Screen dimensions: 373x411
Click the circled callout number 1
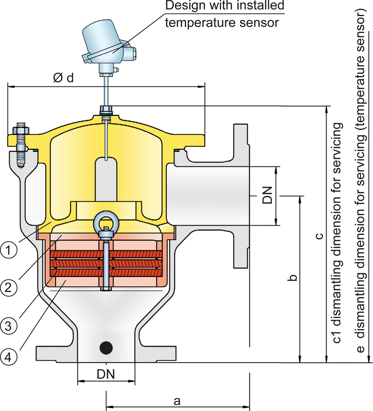pyautogui.click(x=8, y=249)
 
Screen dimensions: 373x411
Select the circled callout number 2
pyautogui.click(x=8, y=288)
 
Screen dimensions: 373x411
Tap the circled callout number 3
pyautogui.click(x=8, y=326)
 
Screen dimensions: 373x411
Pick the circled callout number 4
pyautogui.click(x=8, y=356)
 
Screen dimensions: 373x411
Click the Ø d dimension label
pyautogui.click(x=63, y=78)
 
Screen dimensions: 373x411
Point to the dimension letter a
pyautogui.click(x=177, y=401)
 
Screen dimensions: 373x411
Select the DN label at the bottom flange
pyautogui.click(x=106, y=374)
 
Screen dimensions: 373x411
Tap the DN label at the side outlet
pyautogui.click(x=268, y=195)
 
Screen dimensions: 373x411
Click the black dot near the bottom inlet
pyautogui.click(x=106, y=348)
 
